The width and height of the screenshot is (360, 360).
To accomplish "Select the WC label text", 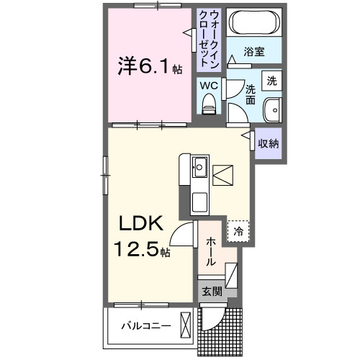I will click(x=209, y=86).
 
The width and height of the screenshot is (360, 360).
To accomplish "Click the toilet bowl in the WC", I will click(x=210, y=107).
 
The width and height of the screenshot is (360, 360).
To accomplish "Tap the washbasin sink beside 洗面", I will click(x=271, y=111).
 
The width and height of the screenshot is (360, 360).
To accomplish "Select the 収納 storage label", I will click(x=269, y=143).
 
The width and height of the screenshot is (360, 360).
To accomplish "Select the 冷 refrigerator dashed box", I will click(x=238, y=231).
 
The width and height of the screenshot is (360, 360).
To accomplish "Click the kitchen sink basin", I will click(x=199, y=169).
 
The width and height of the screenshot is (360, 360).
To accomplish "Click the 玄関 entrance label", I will click(x=211, y=292).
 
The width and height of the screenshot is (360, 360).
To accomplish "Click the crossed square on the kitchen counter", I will click(x=223, y=175).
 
